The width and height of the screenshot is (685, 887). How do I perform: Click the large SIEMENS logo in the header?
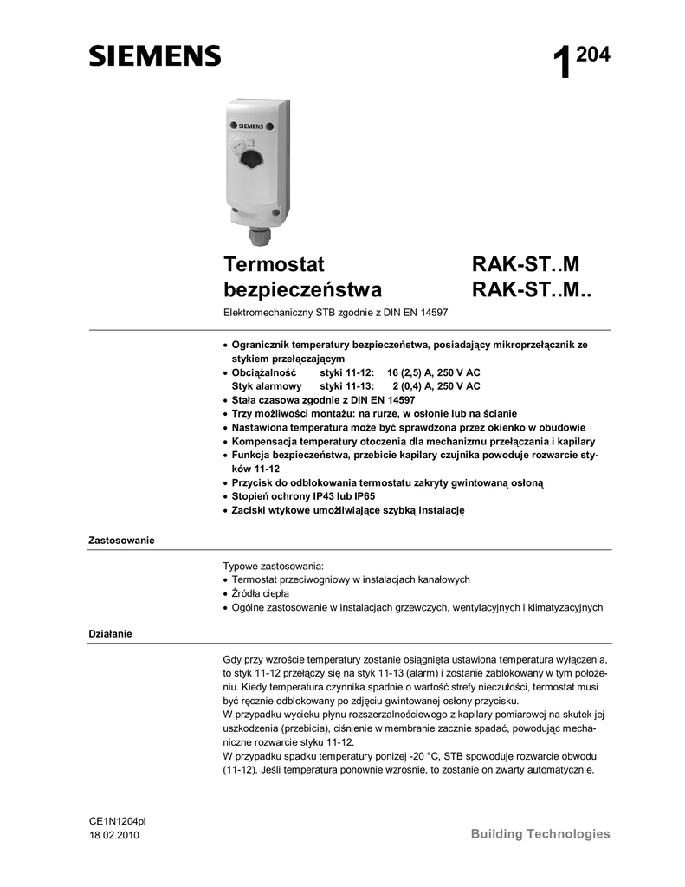155,56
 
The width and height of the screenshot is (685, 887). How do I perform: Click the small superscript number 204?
593,55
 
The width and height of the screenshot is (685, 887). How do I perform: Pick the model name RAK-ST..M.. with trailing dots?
533,288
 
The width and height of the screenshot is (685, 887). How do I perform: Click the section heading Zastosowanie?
121,541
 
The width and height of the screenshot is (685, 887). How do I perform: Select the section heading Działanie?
110,634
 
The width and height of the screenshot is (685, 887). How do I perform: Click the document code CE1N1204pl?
118,819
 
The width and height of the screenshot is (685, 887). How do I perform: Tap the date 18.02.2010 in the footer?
113,835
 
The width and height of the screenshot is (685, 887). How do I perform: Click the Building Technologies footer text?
540,834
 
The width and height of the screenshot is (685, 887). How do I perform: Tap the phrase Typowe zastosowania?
273,566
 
